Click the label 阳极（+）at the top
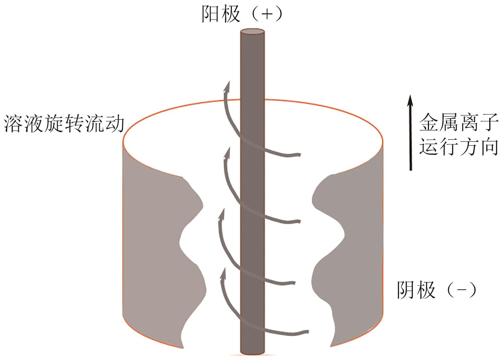(x=242, y=15)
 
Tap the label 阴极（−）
(x=436, y=289)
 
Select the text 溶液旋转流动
(x=64, y=124)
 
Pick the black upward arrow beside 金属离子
(x=410, y=132)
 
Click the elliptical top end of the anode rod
(x=252, y=32)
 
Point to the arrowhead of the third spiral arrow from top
(x=223, y=214)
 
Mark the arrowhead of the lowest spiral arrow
(x=224, y=274)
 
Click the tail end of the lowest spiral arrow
(x=306, y=332)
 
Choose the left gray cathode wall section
(x=153, y=244)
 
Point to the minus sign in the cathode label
(x=461, y=289)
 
